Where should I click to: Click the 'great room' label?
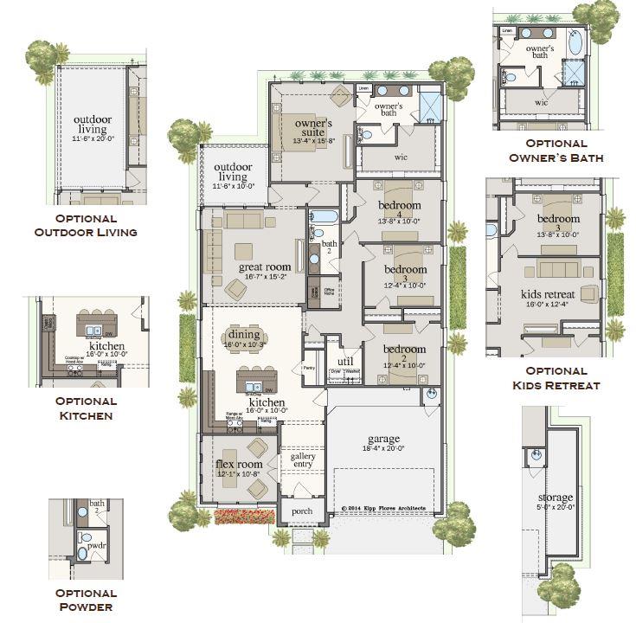263,267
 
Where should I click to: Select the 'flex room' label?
232,465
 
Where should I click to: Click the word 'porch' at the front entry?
301,511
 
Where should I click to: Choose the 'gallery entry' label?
303,461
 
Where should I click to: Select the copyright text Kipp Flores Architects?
383,509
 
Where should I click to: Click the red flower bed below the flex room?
244,517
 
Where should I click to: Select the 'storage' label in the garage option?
555,498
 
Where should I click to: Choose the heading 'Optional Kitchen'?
86,408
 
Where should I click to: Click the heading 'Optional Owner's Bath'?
556,151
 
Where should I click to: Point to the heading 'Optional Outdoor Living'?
86,226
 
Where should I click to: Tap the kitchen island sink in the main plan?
254,386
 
